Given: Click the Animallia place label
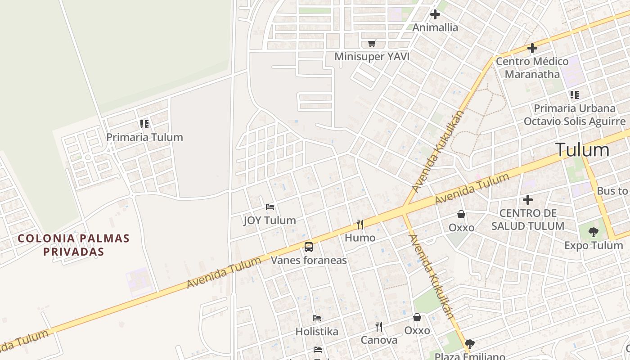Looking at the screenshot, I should (x=435, y=27).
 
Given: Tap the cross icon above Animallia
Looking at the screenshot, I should (x=435, y=14).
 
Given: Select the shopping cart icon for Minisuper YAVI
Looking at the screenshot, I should (x=372, y=44).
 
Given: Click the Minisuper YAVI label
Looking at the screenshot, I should (x=372, y=57).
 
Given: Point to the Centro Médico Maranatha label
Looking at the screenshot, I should (x=532, y=67).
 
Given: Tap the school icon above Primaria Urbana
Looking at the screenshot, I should (x=574, y=95).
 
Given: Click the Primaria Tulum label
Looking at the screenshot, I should (x=144, y=137).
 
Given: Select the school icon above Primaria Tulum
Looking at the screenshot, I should (x=144, y=124).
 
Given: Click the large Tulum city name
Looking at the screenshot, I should (x=582, y=150).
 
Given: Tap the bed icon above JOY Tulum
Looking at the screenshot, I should (x=270, y=207).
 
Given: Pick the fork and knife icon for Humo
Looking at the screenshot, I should (x=360, y=224).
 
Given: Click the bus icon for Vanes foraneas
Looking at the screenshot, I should (x=309, y=247).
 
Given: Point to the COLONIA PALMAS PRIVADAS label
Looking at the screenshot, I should (x=74, y=245).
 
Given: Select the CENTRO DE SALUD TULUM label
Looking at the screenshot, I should (x=528, y=220).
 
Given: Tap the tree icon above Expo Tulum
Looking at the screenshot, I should (x=594, y=232).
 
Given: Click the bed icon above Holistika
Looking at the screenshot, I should (x=317, y=318).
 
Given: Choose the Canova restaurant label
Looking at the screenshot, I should (x=379, y=340).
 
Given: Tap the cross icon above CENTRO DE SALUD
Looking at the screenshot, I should (x=528, y=199).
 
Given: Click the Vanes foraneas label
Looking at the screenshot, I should (x=309, y=260).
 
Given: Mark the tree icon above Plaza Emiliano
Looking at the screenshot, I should (x=470, y=344).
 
